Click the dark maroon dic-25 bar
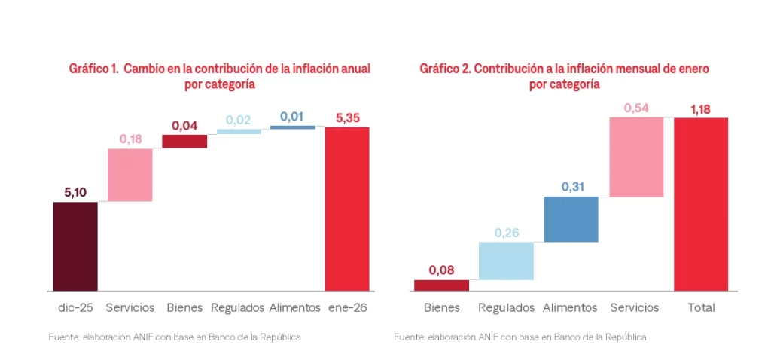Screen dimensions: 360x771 click(75, 246)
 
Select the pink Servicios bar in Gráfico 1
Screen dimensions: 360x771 click(130, 175)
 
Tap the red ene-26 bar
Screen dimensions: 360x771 click(347, 209)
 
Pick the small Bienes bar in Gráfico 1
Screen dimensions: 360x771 click(184, 142)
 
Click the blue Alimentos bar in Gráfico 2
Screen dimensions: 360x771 click(571, 219)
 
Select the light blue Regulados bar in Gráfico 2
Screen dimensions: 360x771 click(506, 261)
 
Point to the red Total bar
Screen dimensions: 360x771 click(701, 204)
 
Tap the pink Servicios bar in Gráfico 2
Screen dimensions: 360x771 click(636, 157)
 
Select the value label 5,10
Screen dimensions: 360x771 click(75, 192)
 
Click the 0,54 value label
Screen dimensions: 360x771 click(636, 108)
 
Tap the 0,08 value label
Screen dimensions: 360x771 click(441, 270)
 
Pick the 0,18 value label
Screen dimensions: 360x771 click(130, 139)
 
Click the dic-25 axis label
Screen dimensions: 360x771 click(75, 307)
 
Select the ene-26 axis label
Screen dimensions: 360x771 click(347, 307)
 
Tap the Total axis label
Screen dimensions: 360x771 click(701, 307)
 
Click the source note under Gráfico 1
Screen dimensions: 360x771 click(175, 337)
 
